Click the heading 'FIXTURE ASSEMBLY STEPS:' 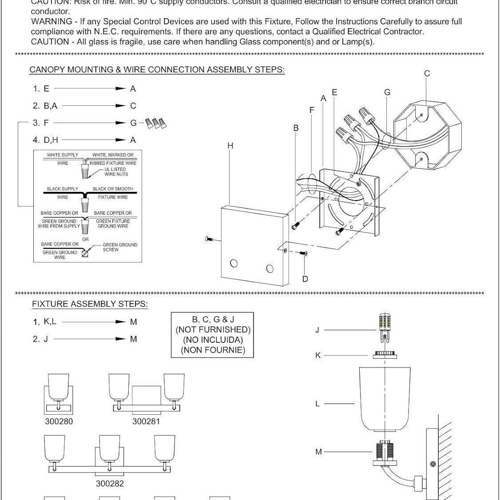pyautogui.click(x=90, y=304)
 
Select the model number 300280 pyautogui.click(x=59, y=421)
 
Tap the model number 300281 pyautogui.click(x=146, y=421)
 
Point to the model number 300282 pyautogui.click(x=110, y=484)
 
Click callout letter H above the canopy pyautogui.click(x=230, y=146)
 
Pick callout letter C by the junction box pyautogui.click(x=427, y=74)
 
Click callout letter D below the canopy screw pyautogui.click(x=305, y=279)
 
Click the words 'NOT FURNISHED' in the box pyautogui.click(x=213, y=329)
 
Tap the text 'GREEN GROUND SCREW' pyautogui.click(x=120, y=247)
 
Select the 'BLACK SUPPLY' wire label pyautogui.click(x=63, y=189)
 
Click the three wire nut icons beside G pyautogui.click(x=156, y=123)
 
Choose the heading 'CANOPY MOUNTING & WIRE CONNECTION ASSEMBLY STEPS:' pyautogui.click(x=157, y=70)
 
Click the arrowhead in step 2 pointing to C pyautogui.click(x=120, y=106)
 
